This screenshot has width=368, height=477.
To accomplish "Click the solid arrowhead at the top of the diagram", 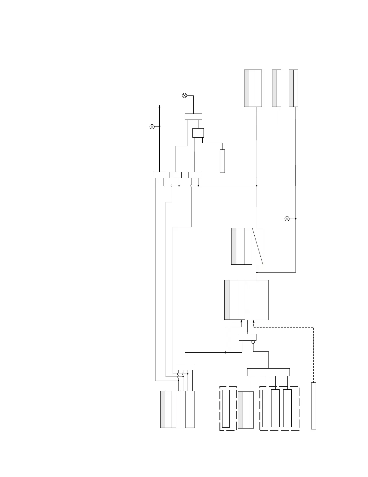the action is pyautogui.click(x=159, y=107).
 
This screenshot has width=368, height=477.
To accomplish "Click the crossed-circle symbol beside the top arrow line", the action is pyautogui.click(x=152, y=127).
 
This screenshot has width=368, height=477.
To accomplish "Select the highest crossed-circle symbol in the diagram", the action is pyautogui.click(x=185, y=95).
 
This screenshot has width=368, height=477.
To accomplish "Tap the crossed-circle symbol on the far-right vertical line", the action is pyautogui.click(x=287, y=219).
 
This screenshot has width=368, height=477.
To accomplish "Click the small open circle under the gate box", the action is pyautogui.click(x=253, y=342).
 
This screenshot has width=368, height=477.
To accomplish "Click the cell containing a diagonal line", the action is pyautogui.click(x=258, y=246).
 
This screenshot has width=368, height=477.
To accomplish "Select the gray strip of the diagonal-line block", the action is pyautogui.click(x=234, y=246).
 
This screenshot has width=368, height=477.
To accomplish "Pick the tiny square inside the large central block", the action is pyautogui.click(x=247, y=315).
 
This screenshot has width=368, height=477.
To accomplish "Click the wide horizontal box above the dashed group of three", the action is pyautogui.click(x=268, y=372).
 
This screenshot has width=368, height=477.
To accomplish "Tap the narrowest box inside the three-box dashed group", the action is pyautogui.click(x=265, y=408).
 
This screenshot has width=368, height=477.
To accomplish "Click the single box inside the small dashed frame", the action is pyautogui.click(x=226, y=409).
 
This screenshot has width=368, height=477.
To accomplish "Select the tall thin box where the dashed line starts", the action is pyautogui.click(x=313, y=406).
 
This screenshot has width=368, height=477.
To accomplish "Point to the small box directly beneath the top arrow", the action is pyautogui.click(x=159, y=175).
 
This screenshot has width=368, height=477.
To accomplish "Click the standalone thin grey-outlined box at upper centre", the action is pyautogui.click(x=222, y=161).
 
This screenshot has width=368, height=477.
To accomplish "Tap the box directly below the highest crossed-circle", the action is pyautogui.click(x=193, y=117).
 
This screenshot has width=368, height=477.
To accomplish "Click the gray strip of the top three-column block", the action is pyautogui.click(x=247, y=88).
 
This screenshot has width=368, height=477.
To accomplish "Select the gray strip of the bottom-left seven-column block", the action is pyautogui.click(x=163, y=409).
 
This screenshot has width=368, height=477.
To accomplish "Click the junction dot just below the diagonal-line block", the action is pyautogui.click(x=257, y=272).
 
